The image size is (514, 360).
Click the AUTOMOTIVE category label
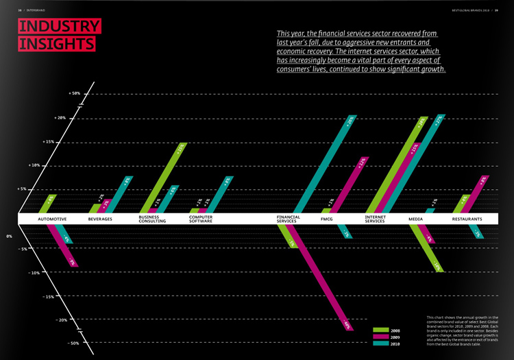point(52,219)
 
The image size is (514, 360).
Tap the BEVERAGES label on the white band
point(101,219)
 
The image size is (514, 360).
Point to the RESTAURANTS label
point(467,219)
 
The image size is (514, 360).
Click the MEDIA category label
point(415,219)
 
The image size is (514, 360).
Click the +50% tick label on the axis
point(74,93)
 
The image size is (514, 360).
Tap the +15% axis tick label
point(66,142)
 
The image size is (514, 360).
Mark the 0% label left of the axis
point(10,237)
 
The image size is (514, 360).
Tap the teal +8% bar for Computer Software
point(220,194)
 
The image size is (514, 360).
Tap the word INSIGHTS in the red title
point(56,43)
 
